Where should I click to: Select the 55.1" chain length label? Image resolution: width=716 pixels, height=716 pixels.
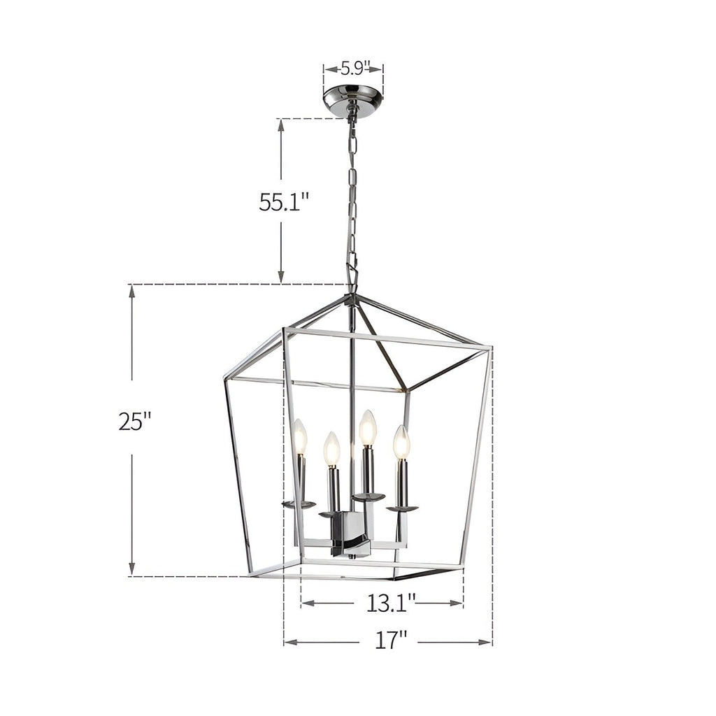284,202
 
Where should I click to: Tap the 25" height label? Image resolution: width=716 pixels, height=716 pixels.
135,422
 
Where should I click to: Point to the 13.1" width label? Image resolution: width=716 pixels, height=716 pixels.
391,602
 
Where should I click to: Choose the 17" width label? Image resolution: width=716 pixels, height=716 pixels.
389,640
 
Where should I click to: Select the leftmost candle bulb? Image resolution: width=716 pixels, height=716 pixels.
300,436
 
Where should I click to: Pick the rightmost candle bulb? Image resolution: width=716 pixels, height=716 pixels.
401,442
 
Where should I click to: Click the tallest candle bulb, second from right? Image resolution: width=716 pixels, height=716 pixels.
368,428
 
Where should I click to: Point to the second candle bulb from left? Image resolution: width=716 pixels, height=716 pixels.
331,449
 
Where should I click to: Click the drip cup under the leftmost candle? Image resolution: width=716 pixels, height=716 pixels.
299,504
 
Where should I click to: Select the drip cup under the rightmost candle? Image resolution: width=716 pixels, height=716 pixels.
402,508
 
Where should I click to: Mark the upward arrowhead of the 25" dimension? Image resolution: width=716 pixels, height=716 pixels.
131,291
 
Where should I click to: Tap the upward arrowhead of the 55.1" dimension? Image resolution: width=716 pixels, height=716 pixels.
281,124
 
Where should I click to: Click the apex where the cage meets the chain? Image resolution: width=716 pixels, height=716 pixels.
352,296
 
